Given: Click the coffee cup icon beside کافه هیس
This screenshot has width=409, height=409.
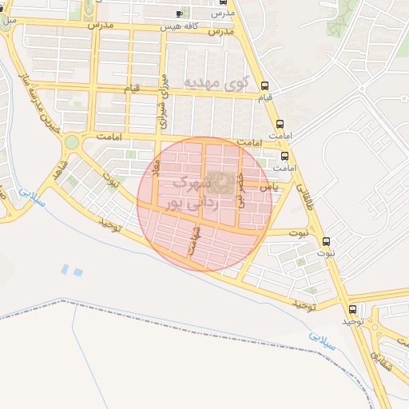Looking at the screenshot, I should [180, 14].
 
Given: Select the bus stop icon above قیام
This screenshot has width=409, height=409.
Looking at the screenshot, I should [264, 85].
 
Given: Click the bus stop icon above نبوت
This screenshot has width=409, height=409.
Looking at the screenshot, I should [326, 241].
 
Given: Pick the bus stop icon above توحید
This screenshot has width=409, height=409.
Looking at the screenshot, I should [352, 309].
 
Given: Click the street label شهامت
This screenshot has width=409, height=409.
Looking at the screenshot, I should [194, 239].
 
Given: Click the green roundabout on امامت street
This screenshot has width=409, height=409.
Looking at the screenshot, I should [72, 142].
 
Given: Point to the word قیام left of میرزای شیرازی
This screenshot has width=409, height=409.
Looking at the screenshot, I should [131, 87].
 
